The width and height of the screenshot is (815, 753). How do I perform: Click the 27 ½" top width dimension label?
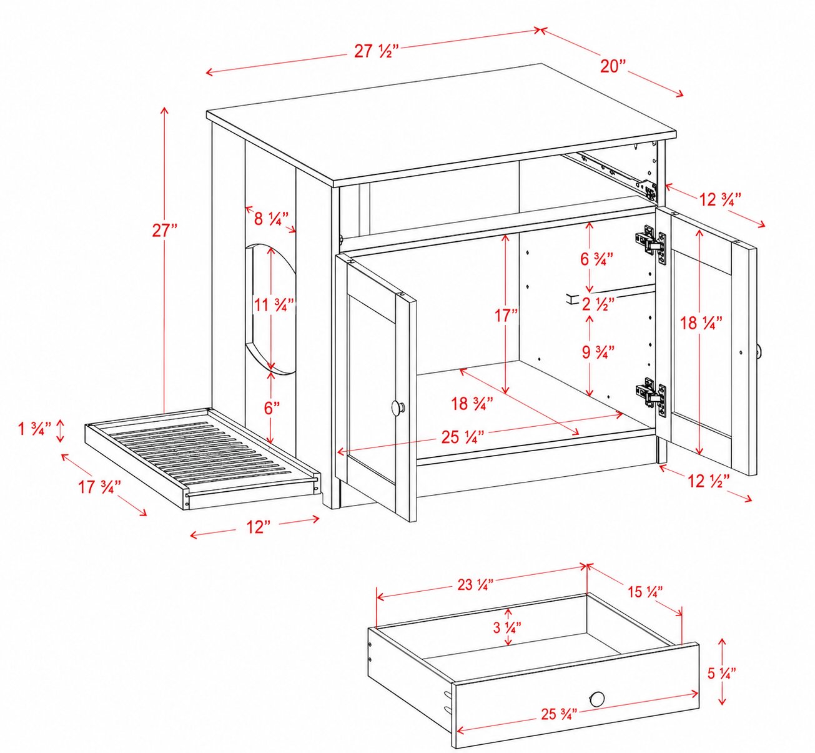tap(377, 52)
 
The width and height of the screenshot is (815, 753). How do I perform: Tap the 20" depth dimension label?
tap(613, 66)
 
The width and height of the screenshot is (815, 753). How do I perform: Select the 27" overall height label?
tap(164, 231)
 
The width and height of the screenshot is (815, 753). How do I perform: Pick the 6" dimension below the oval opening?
tap(272, 408)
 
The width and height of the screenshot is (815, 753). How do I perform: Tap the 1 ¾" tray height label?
tap(34, 429)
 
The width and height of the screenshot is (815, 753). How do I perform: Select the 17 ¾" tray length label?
tap(99, 487)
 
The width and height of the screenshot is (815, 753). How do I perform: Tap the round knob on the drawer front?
tap(597, 699)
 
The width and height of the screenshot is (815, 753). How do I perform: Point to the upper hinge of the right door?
tap(651, 245)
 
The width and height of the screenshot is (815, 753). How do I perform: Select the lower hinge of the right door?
tap(651, 397)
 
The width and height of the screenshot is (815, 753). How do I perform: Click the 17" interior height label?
tap(506, 316)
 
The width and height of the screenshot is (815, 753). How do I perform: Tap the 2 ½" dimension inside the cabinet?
tap(598, 304)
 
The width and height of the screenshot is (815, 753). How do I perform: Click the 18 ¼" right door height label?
tap(699, 323)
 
